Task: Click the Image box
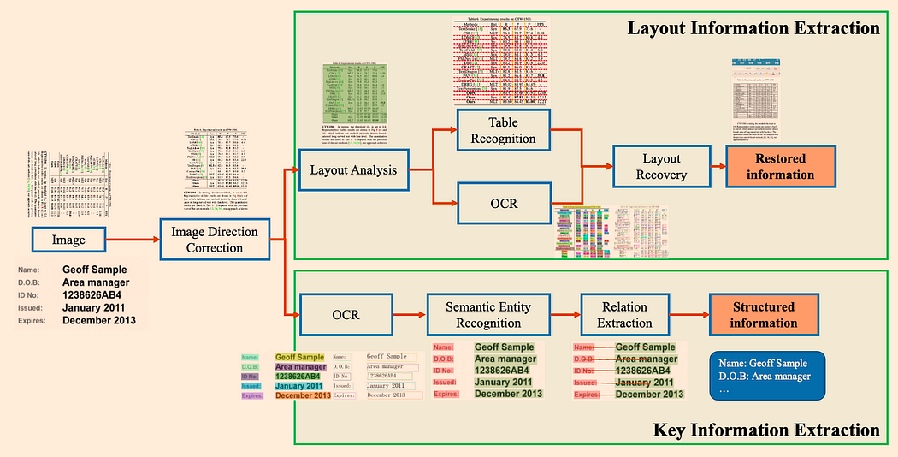click(x=68, y=240)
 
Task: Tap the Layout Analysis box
click(x=353, y=169)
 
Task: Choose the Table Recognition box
click(x=500, y=130)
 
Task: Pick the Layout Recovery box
click(x=661, y=166)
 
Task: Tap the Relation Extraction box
click(x=624, y=315)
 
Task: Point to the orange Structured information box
click(x=763, y=315)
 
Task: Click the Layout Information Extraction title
click(x=753, y=28)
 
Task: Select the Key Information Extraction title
click(x=765, y=430)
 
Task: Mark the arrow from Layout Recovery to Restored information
click(x=713, y=166)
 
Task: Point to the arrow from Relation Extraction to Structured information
click(x=689, y=315)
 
